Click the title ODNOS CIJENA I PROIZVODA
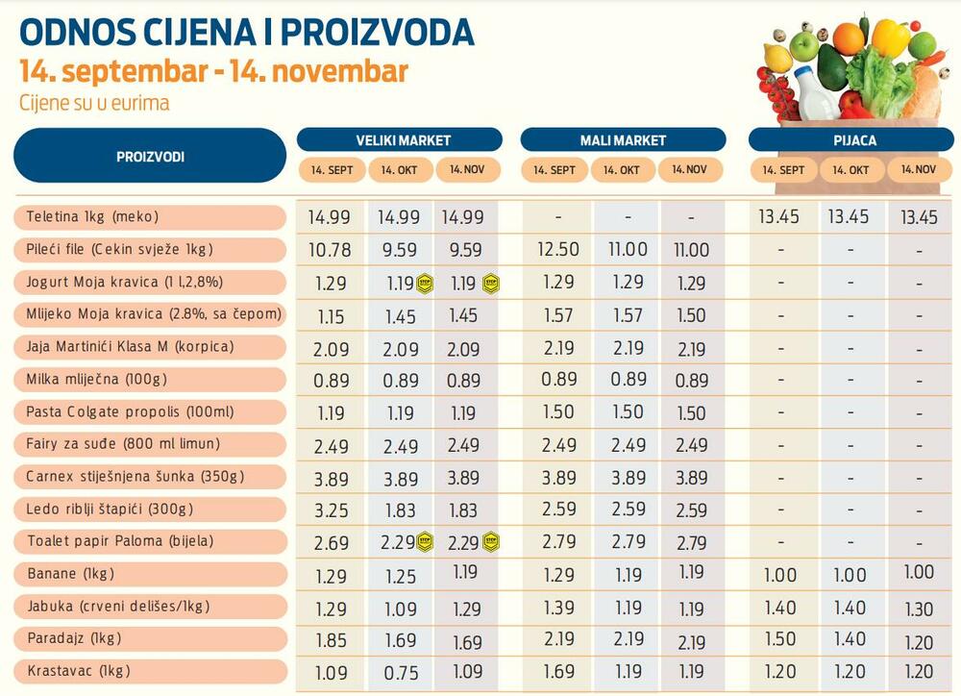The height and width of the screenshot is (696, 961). click(x=247, y=32)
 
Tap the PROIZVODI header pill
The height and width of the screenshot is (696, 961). click(x=150, y=156)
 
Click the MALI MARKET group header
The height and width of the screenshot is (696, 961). click(x=623, y=140)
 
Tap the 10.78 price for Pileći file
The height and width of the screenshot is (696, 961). click(x=330, y=250)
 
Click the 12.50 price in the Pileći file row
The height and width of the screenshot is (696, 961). click(x=558, y=250)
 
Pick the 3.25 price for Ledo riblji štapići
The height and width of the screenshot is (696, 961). click(x=332, y=510)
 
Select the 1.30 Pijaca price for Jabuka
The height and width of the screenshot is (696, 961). click(x=919, y=608)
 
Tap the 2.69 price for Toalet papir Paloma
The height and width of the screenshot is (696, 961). click(x=332, y=542)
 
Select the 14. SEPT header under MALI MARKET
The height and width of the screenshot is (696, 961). click(x=554, y=170)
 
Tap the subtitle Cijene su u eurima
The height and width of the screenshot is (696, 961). click(x=94, y=103)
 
